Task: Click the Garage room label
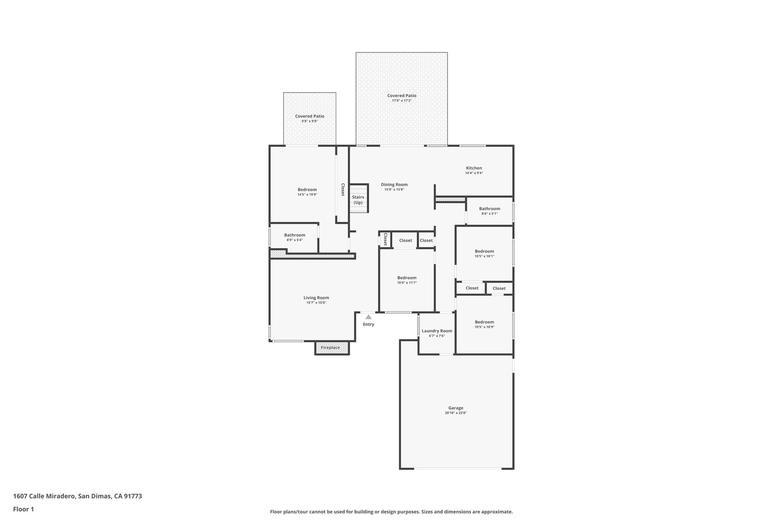[x=455, y=408]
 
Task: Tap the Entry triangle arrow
[x=368, y=317]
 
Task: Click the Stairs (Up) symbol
[x=358, y=200]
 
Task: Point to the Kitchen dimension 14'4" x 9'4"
[x=474, y=173]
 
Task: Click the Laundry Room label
[x=437, y=331]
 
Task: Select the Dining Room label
[x=394, y=184]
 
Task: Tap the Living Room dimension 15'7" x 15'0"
[x=316, y=302]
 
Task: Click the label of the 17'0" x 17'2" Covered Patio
[x=401, y=96]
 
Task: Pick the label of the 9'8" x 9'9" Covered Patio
[x=309, y=116]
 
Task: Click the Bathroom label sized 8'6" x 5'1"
[x=489, y=208]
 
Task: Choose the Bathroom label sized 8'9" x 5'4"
[x=294, y=235]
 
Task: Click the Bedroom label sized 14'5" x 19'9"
[x=307, y=189]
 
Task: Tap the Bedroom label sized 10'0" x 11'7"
[x=406, y=278]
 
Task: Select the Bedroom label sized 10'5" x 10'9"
[x=484, y=322]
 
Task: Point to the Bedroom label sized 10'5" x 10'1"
[x=484, y=251]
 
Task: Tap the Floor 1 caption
[x=23, y=509]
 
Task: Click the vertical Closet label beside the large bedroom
[x=343, y=190]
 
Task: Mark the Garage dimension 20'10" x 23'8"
[x=455, y=413]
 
